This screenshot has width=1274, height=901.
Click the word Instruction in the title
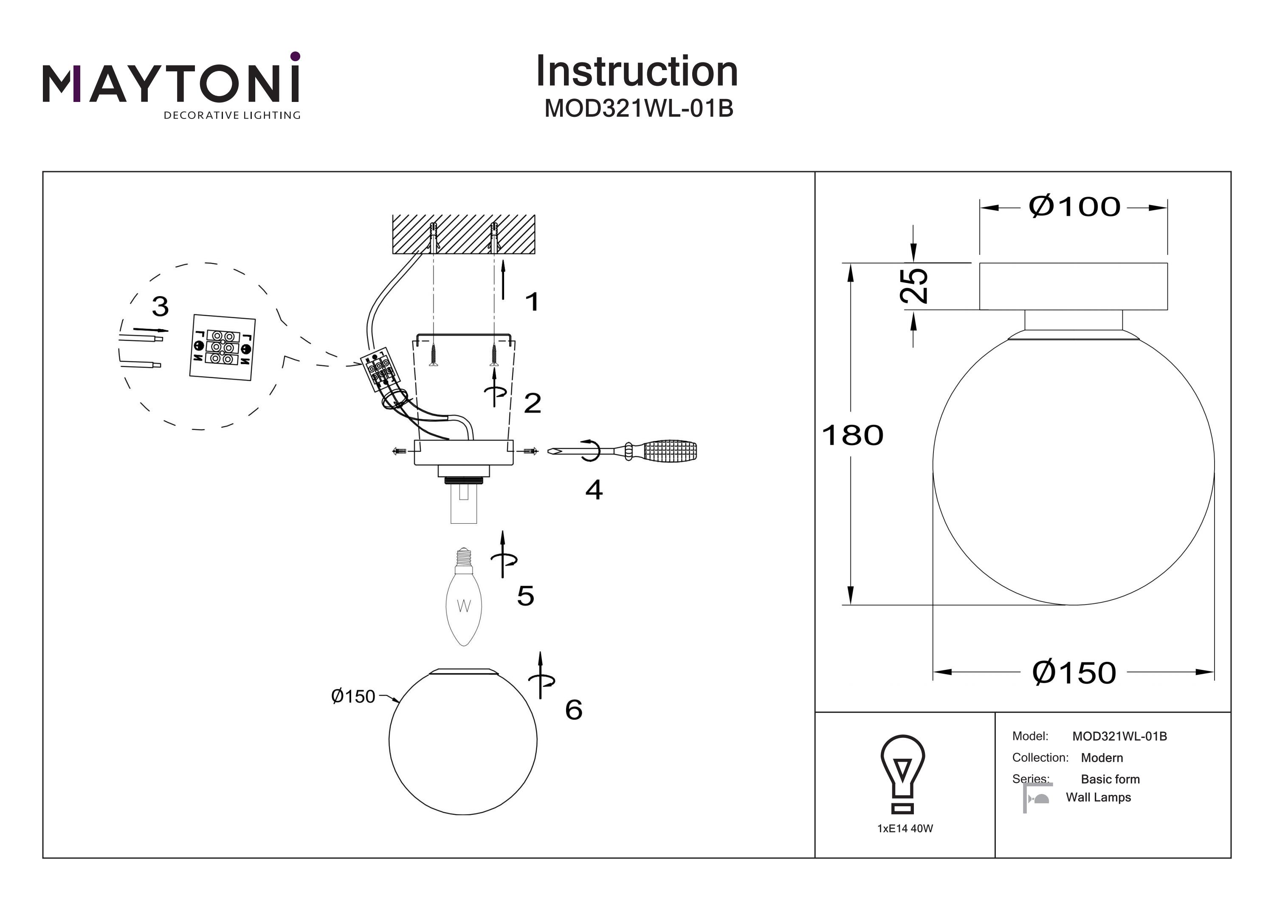pyautogui.click(x=637, y=72)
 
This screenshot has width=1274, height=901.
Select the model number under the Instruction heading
pyautogui.click(x=639, y=108)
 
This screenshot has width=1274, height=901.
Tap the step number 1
pyautogui.click(x=532, y=302)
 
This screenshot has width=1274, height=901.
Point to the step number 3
pyautogui.click(x=161, y=306)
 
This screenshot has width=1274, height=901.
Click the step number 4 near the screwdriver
pyautogui.click(x=594, y=490)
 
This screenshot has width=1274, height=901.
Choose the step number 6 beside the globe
pyautogui.click(x=573, y=709)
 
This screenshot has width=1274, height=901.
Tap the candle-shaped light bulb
pyautogui.click(x=464, y=602)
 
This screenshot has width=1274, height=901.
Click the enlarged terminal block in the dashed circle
pyautogui.click(x=223, y=347)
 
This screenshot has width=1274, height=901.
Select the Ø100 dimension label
pyautogui.click(x=1074, y=207)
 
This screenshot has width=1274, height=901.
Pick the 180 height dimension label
pyautogui.click(x=852, y=435)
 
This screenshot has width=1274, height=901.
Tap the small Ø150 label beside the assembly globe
pyautogui.click(x=353, y=696)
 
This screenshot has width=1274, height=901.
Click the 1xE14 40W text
pyautogui.click(x=905, y=828)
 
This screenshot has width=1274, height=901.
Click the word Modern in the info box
pyautogui.click(x=1102, y=758)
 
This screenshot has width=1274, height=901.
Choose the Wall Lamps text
pyautogui.click(x=1098, y=797)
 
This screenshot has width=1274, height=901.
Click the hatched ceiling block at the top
pyautogui.click(x=463, y=234)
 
